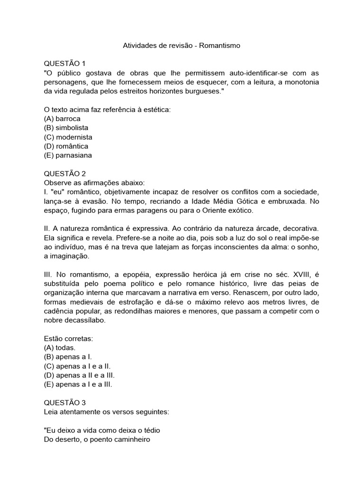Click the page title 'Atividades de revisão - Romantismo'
tap(182, 46)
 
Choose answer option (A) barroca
tap(62, 119)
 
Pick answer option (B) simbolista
tap(66, 128)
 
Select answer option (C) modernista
tap(68, 137)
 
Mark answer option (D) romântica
tap(66, 146)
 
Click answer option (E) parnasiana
tap(68, 155)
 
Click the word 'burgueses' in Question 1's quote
tap(202, 91)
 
